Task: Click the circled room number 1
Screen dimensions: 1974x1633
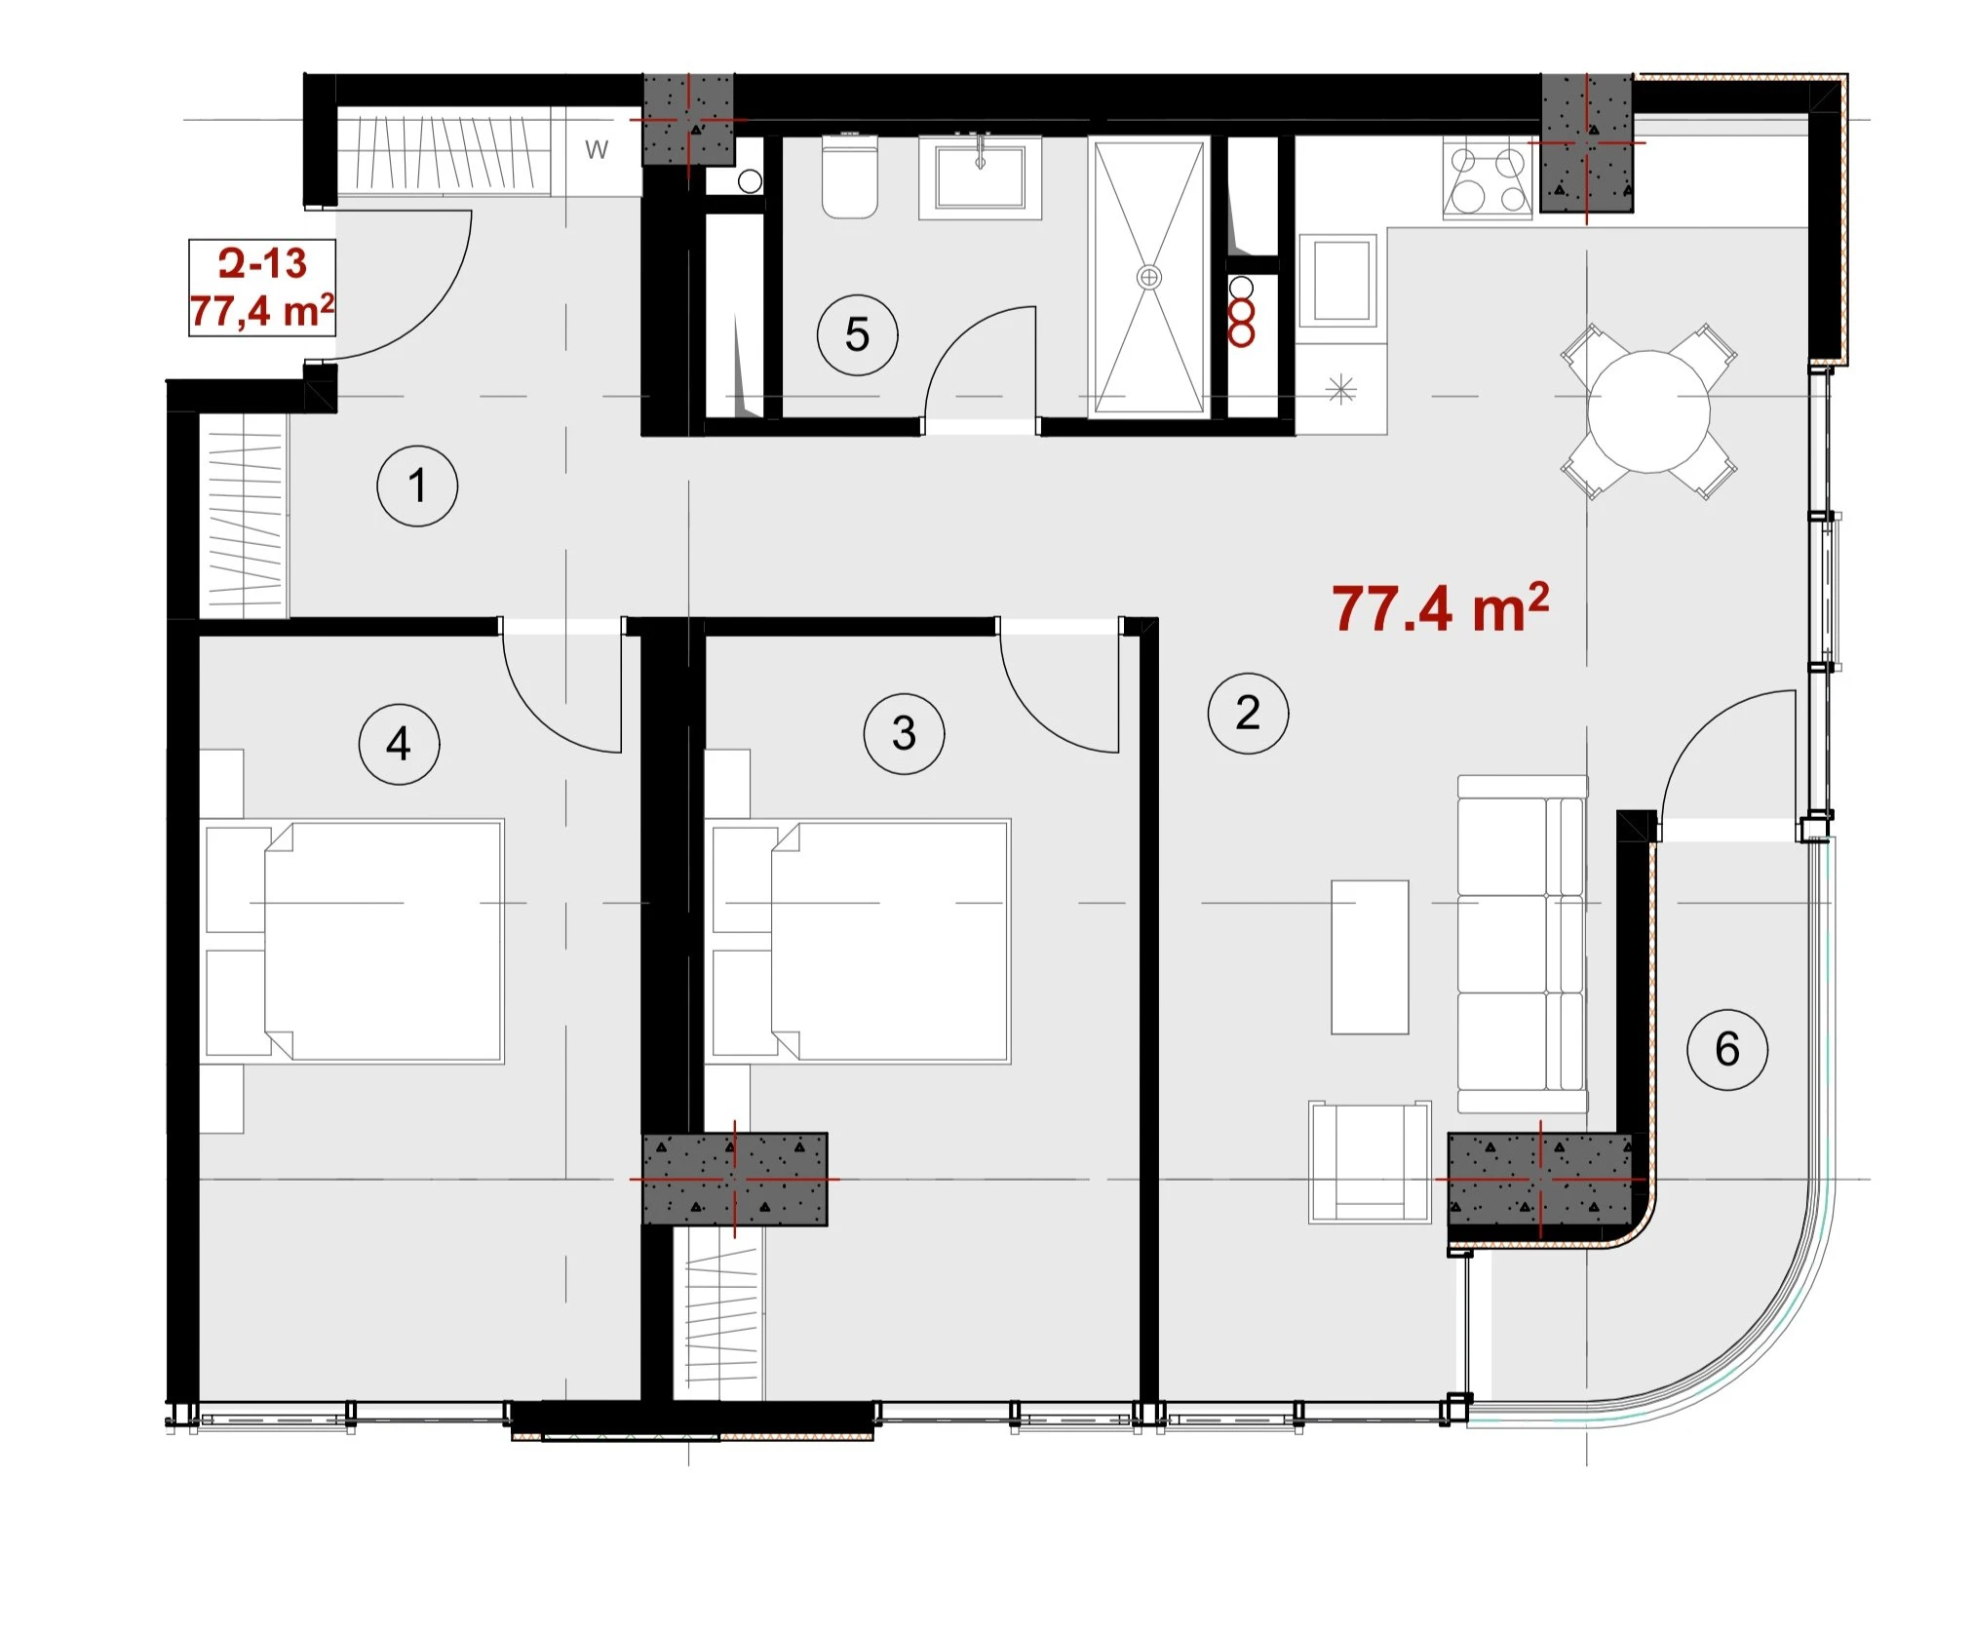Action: [417, 486]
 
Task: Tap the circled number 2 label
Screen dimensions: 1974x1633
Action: [1248, 713]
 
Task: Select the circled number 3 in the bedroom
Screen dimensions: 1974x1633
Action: [904, 733]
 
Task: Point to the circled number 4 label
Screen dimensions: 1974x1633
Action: [399, 744]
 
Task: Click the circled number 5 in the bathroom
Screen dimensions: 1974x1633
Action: [857, 334]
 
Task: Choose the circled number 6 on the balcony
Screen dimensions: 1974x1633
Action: [1727, 1049]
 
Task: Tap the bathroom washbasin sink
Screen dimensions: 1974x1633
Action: [980, 176]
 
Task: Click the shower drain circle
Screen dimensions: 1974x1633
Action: [1149, 278]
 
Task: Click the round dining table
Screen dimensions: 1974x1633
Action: [1648, 411]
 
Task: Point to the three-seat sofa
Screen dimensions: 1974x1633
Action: [1522, 944]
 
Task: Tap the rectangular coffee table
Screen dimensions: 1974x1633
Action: [1370, 957]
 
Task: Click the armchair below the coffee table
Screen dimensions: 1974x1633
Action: [1370, 1162]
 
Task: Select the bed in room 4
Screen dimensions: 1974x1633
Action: [352, 941]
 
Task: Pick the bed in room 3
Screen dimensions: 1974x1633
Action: [858, 941]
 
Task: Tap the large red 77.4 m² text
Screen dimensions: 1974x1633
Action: [1441, 608]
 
